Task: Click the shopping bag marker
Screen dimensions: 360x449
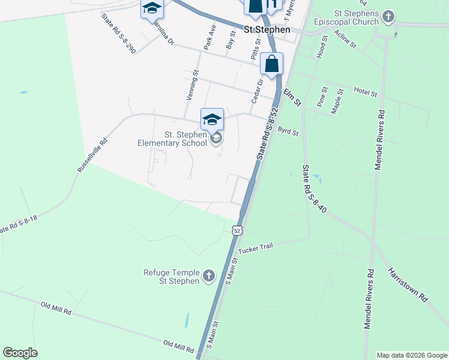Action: (272, 64)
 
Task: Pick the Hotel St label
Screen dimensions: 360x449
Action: (365, 93)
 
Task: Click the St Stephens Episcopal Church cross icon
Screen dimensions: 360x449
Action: (388, 16)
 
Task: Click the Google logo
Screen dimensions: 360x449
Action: (20, 353)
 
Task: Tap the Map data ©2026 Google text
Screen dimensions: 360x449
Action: (412, 355)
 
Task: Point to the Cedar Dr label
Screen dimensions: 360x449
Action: (258, 91)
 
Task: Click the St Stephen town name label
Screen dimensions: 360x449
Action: (267, 29)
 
